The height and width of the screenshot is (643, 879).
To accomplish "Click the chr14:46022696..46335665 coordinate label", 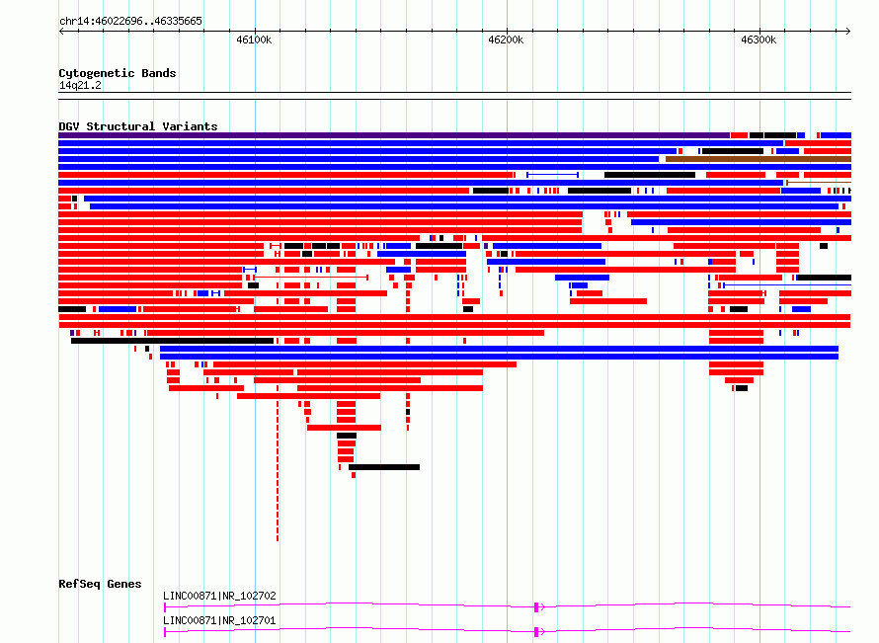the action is pyautogui.click(x=130, y=22).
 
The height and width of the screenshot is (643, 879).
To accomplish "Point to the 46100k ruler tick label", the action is pyautogui.click(x=254, y=40).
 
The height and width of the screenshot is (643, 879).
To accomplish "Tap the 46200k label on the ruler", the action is pyautogui.click(x=506, y=40).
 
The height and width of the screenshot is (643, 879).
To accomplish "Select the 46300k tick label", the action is pyautogui.click(x=759, y=40).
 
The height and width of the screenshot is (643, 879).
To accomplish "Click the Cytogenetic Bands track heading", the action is pyautogui.click(x=118, y=73).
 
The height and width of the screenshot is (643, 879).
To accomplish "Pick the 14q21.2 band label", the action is pyautogui.click(x=80, y=85).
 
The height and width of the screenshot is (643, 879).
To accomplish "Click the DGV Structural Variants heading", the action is pyautogui.click(x=138, y=126).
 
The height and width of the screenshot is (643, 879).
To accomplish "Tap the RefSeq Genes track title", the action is pyautogui.click(x=100, y=584).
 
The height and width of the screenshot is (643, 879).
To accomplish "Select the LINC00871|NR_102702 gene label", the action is pyautogui.click(x=219, y=596).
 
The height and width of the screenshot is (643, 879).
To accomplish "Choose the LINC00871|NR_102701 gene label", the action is pyautogui.click(x=219, y=620).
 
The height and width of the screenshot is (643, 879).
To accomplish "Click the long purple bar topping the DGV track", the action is pyautogui.click(x=394, y=135).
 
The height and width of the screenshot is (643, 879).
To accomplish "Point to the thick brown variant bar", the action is pyautogui.click(x=758, y=159).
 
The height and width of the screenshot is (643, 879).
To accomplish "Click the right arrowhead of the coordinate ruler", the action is pyautogui.click(x=848, y=31).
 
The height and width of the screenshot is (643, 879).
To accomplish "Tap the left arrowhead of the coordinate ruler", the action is pyautogui.click(x=61, y=31).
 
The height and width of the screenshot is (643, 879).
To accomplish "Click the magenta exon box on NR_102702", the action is pyautogui.click(x=536, y=607).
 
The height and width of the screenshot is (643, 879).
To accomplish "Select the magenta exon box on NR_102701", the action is pyautogui.click(x=536, y=632).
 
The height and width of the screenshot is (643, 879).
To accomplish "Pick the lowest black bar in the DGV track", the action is pyautogui.click(x=384, y=467).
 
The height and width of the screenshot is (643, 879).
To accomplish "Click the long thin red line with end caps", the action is pyautogui.click(x=311, y=277).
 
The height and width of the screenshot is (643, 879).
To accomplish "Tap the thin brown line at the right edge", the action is pyautogui.click(x=819, y=183).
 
